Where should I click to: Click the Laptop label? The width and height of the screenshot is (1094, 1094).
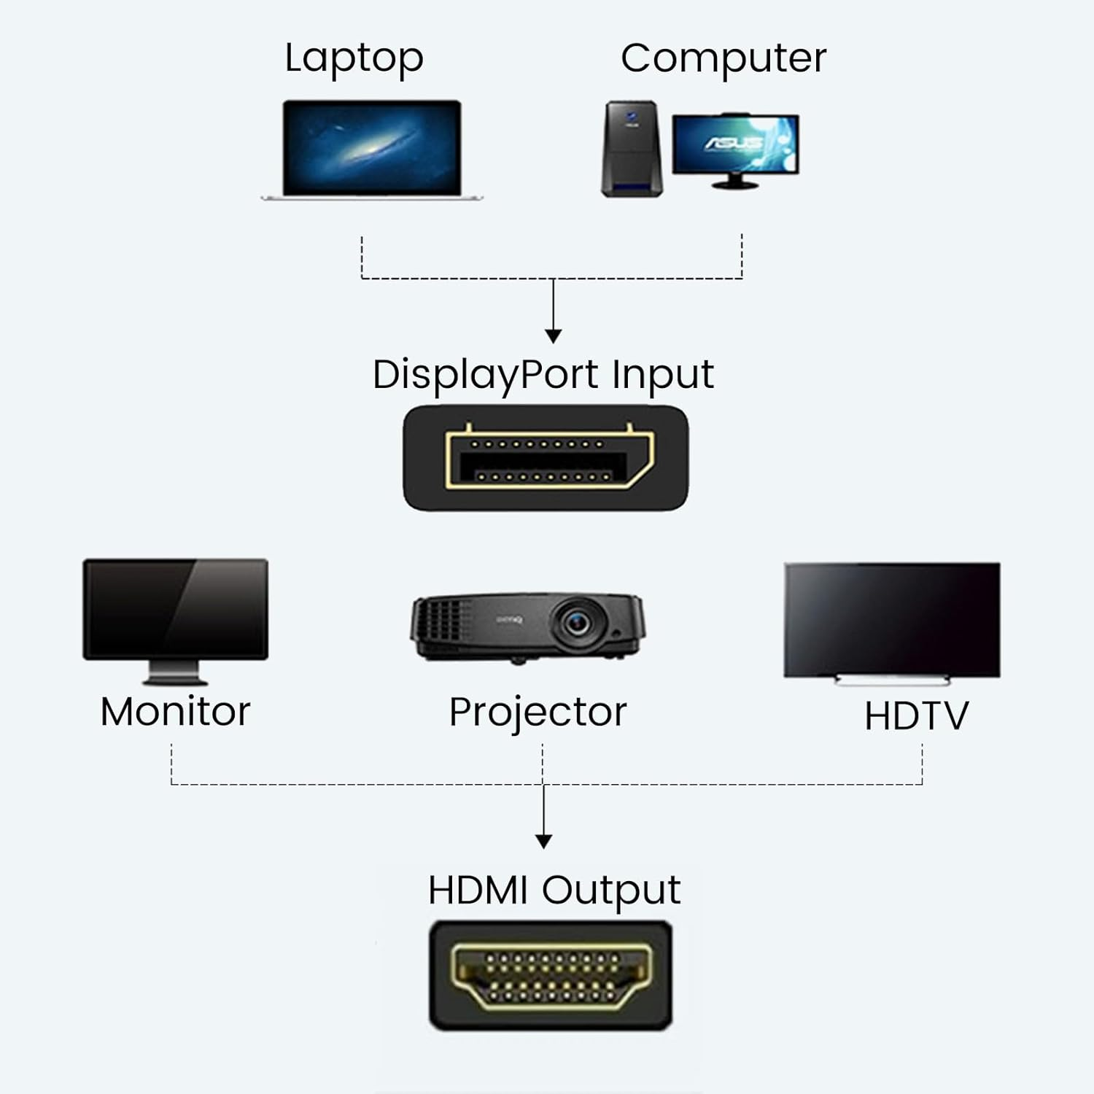pyautogui.click(x=354, y=58)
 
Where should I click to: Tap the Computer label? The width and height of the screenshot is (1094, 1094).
pyautogui.click(x=723, y=58)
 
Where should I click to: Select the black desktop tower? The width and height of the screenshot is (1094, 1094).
pyautogui.click(x=632, y=150)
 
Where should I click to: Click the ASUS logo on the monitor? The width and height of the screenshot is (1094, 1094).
pyautogui.click(x=733, y=142)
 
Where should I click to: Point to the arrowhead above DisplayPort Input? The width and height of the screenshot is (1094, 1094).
pyautogui.click(x=554, y=335)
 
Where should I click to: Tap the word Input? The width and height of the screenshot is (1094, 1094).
pyautogui.click(x=662, y=376)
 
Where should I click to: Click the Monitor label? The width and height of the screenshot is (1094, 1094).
pyautogui.click(x=175, y=712)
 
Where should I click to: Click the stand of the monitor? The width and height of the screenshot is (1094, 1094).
pyautogui.click(x=175, y=672)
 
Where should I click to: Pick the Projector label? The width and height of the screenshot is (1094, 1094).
pyautogui.click(x=538, y=713)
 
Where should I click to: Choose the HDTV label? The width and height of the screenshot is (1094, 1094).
pyautogui.click(x=916, y=716)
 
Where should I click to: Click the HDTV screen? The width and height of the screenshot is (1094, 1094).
pyautogui.click(x=891, y=620)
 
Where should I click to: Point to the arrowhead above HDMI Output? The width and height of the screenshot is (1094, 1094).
pyautogui.click(x=543, y=841)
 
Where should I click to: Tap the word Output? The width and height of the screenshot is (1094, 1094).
pyautogui.click(x=611, y=891)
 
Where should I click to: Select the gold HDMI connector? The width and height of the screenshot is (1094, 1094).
pyautogui.click(x=551, y=976)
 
